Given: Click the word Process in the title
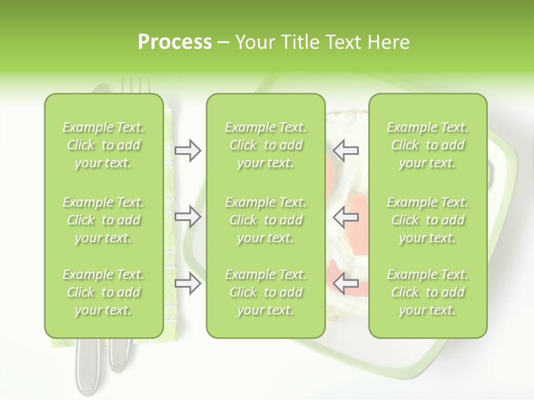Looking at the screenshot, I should click(x=175, y=42).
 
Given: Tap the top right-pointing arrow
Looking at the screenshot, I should click(x=188, y=151).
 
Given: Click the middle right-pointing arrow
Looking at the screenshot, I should click(x=188, y=216).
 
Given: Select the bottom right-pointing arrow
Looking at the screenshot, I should click(x=188, y=283).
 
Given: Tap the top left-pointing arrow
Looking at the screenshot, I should click(x=346, y=151).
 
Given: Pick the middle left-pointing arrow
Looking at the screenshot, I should click(x=346, y=216).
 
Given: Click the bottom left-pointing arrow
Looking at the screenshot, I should click(x=346, y=283).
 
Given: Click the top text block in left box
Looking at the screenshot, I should click(x=103, y=145).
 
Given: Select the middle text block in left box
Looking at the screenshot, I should click(x=103, y=220).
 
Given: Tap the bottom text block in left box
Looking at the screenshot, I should click(x=103, y=292).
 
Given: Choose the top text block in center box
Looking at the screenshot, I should click(x=265, y=145).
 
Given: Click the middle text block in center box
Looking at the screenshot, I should click(x=265, y=220).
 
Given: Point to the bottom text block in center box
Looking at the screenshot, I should click(x=265, y=292).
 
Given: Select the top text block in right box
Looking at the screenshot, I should click(x=427, y=145).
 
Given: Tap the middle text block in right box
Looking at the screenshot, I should click(x=427, y=220).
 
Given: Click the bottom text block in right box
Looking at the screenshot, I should click(x=427, y=292).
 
